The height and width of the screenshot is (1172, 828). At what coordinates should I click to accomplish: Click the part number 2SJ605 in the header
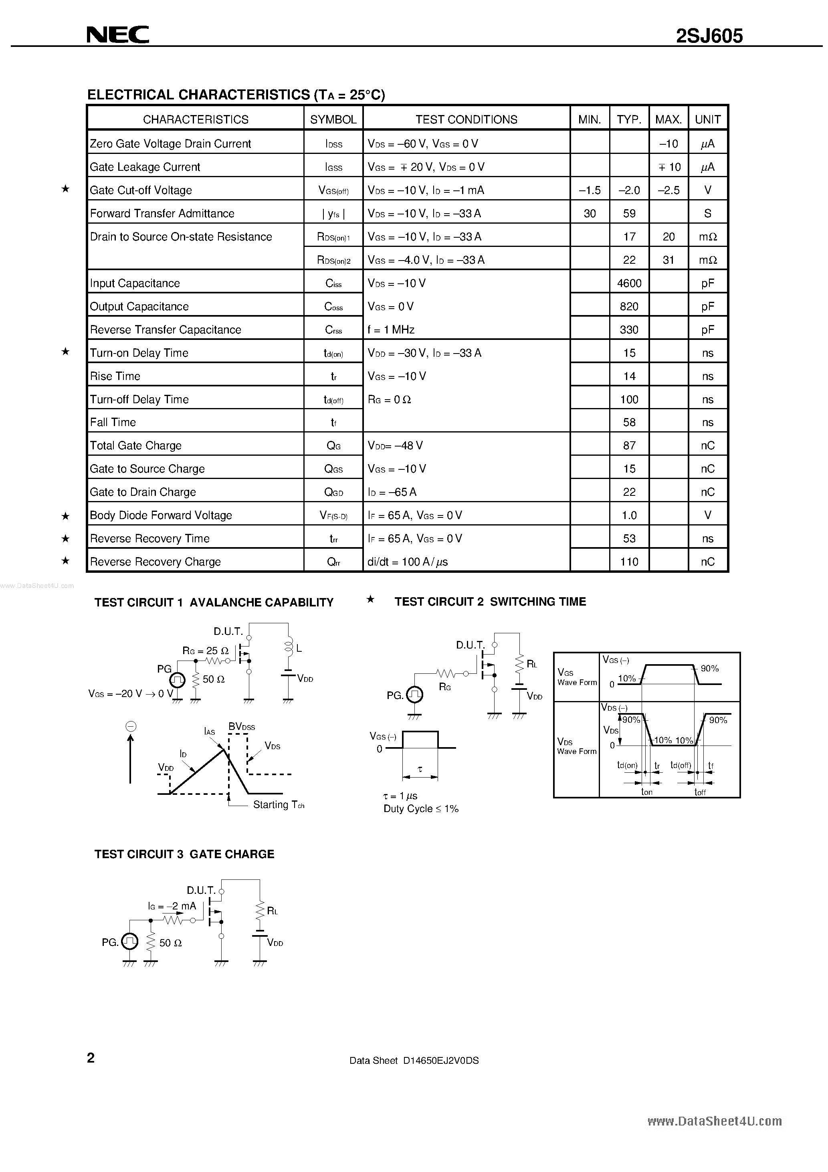pos(709,36)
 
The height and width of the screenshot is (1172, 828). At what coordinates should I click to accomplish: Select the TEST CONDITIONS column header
pos(466,119)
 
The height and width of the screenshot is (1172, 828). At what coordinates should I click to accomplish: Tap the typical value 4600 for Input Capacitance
pos(629,283)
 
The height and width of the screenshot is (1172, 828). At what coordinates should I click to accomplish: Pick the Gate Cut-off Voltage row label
pos(141,190)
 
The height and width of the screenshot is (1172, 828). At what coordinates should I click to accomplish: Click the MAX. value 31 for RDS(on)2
pos(668,260)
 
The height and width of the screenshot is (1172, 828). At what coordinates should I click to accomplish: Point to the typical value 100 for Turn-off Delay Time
pos(629,400)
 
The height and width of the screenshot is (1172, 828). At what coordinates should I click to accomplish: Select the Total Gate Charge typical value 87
pos(629,446)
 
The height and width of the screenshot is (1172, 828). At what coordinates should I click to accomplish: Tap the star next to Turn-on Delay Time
pos(65,352)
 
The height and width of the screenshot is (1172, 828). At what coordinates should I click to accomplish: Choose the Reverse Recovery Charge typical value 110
pos(629,562)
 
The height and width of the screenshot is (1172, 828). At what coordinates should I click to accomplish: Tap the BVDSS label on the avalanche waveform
pos(241,726)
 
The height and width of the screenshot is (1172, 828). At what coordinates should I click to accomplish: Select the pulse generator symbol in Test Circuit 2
pos(414,694)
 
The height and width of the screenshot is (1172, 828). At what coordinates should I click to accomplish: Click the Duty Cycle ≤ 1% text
pos(421,808)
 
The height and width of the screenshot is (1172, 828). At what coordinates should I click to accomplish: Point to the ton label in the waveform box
pos(646,792)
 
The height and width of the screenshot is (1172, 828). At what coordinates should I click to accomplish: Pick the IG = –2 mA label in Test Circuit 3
pos(172,906)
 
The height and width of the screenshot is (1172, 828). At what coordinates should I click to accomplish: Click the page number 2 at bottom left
pos(91,1058)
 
